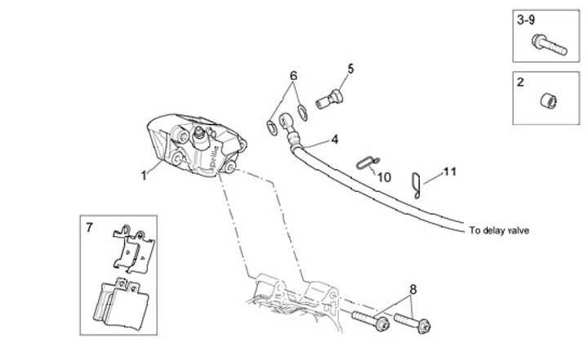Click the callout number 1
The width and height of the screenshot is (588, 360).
point(144,174)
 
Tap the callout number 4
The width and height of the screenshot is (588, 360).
point(335,140)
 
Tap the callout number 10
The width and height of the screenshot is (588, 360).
point(385,176)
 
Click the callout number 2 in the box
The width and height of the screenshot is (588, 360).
point(519,82)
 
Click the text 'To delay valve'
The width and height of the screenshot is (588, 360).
point(500,230)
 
